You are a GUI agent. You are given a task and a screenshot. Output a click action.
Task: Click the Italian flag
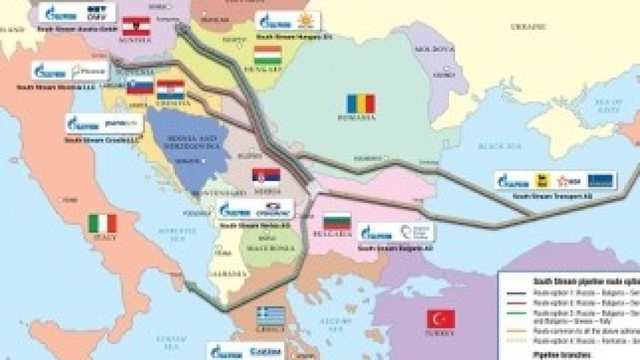point(102,223)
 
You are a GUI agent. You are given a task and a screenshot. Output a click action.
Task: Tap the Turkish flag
point(441,319)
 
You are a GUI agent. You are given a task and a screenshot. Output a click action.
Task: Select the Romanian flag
point(361,103)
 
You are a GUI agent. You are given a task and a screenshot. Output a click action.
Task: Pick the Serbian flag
point(266,177)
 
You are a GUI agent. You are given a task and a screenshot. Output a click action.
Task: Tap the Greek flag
point(271,316)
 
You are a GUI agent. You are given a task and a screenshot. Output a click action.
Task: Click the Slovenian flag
point(140,86)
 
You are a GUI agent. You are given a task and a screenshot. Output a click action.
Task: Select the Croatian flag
point(171,90)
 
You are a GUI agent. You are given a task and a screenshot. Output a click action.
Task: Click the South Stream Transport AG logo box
point(555,180)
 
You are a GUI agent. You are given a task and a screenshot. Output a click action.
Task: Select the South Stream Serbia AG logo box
point(255,209)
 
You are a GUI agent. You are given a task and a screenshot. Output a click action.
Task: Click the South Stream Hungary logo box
point(288,21)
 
